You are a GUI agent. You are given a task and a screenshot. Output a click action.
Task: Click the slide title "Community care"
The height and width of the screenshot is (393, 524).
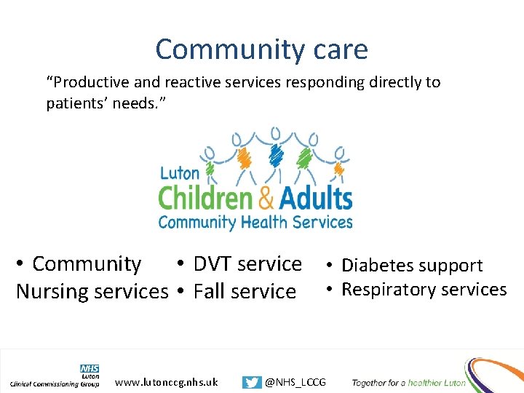click(261, 49)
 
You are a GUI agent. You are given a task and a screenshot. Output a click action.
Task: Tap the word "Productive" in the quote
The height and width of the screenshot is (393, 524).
click(87, 82)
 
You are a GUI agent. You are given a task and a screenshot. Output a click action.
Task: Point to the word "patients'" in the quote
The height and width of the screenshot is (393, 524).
click(76, 103)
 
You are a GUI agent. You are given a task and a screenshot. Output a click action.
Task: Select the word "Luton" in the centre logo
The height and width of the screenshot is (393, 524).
click(179, 174)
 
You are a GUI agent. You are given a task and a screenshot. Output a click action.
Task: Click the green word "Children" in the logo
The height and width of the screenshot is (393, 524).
click(205, 198)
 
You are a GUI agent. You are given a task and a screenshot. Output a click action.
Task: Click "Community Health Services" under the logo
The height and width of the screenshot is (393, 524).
click(255, 222)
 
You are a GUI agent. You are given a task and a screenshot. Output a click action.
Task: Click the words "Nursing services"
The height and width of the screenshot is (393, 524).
click(92, 291)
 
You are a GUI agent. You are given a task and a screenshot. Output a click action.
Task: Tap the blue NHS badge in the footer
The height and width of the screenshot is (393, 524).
click(90, 369)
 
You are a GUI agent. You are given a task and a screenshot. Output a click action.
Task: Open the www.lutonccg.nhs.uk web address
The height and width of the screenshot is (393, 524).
click(167, 381)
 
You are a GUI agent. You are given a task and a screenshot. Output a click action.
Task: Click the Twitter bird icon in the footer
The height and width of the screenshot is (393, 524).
click(252, 382)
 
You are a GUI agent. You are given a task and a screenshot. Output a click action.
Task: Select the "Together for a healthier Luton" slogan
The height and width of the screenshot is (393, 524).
click(408, 382)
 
